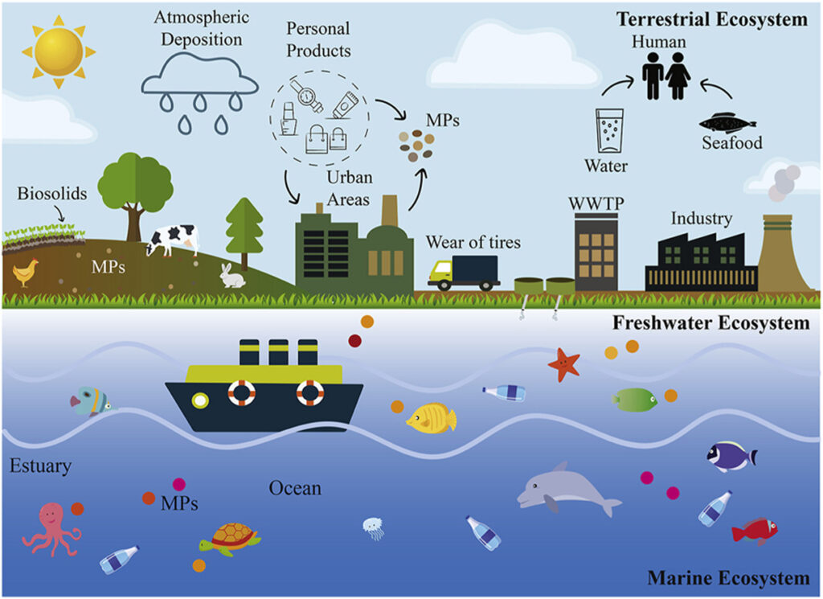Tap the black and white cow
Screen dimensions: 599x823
point(173,239)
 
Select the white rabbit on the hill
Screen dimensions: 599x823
point(232,276)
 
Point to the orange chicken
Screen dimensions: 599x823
point(25,273)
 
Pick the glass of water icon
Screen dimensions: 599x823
point(609,130)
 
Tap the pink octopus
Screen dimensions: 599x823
point(51,527)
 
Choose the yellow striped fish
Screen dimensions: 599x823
point(432,417)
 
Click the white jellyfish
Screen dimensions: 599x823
point(373,527)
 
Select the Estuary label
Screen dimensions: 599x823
point(41,466)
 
